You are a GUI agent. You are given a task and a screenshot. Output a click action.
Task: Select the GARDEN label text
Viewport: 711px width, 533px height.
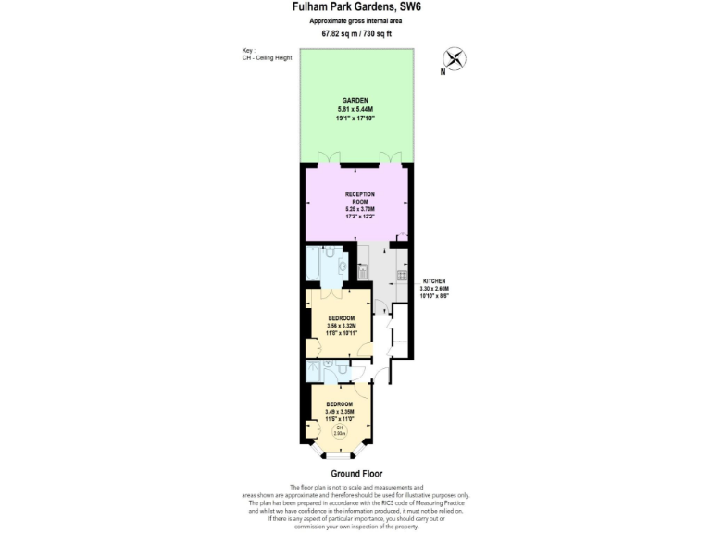355,100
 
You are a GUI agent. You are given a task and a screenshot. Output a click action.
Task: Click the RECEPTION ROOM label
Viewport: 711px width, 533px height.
359,199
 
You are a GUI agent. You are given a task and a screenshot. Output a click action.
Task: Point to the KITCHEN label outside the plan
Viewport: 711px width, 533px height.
435,280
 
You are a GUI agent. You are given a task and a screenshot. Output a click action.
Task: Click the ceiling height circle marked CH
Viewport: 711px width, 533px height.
339,430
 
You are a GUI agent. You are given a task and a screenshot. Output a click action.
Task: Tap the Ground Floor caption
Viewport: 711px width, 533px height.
355,474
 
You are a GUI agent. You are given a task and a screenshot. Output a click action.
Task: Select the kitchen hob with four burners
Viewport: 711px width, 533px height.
403,275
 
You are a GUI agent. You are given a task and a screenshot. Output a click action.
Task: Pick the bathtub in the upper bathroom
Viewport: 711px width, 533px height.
315,266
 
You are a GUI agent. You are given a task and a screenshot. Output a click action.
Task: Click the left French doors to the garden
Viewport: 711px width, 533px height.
324,158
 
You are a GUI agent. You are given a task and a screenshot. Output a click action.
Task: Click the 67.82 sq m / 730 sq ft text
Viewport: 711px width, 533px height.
355,33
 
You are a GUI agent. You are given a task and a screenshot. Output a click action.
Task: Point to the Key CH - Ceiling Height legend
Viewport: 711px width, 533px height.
268,55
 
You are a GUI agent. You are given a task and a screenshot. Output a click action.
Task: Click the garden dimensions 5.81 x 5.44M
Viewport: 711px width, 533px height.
355,109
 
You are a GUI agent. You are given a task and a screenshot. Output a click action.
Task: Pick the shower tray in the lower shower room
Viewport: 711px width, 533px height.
318,370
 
